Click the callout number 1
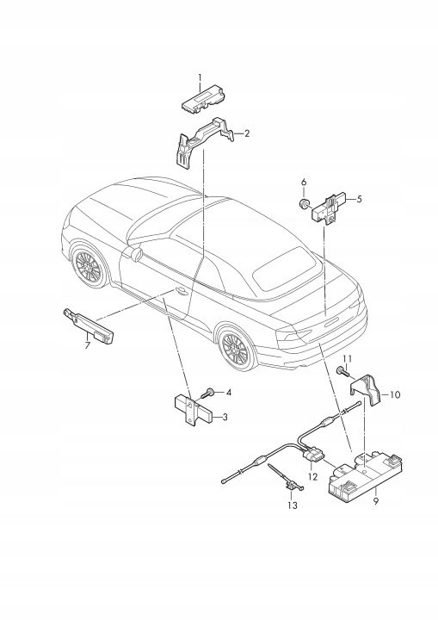(x=200, y=77)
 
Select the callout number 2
(x=247, y=133)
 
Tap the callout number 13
(x=293, y=505)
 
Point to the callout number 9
(x=376, y=501)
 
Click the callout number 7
(x=88, y=345)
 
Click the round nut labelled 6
(x=304, y=204)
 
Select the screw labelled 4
(x=208, y=394)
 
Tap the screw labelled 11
(x=342, y=372)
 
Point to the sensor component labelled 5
(x=330, y=208)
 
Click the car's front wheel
(x=89, y=265)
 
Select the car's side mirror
(x=136, y=254)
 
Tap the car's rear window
(x=287, y=268)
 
